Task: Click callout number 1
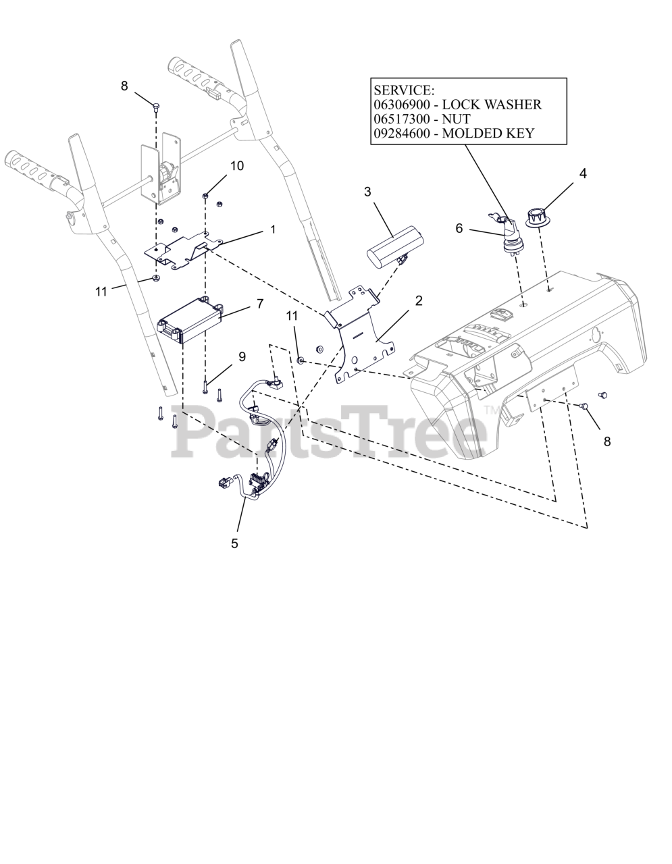click(273, 230)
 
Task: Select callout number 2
click(418, 300)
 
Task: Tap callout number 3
click(367, 192)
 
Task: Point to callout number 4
click(583, 173)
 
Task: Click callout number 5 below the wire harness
click(234, 543)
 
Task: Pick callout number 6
click(459, 228)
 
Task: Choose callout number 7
click(260, 304)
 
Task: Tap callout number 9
click(242, 356)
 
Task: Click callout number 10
click(237, 166)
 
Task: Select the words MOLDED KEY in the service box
click(488, 133)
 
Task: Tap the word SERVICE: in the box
click(404, 90)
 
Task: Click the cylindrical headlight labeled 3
click(395, 244)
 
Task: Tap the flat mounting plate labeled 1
click(184, 249)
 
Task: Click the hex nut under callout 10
click(205, 196)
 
